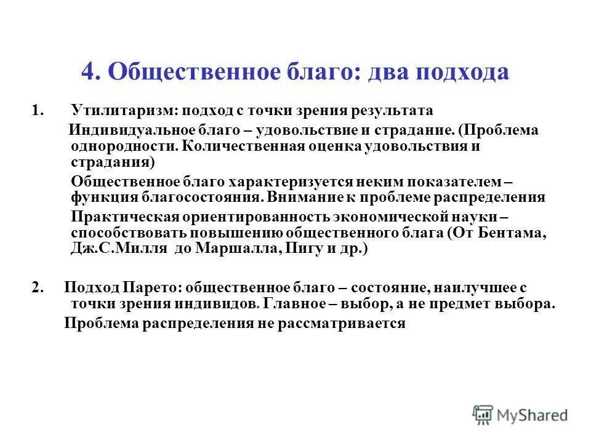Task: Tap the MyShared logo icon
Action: pos(483,415)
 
